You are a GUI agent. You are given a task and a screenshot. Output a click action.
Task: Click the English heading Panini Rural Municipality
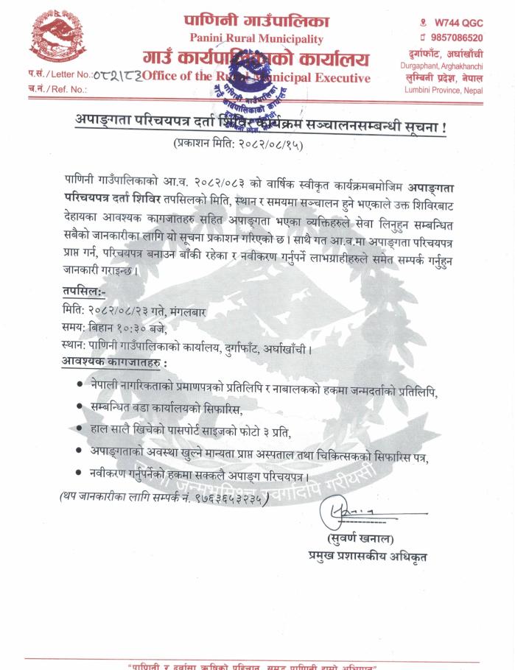(256, 38)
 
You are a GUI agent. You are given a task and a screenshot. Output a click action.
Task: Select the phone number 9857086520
(457, 38)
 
